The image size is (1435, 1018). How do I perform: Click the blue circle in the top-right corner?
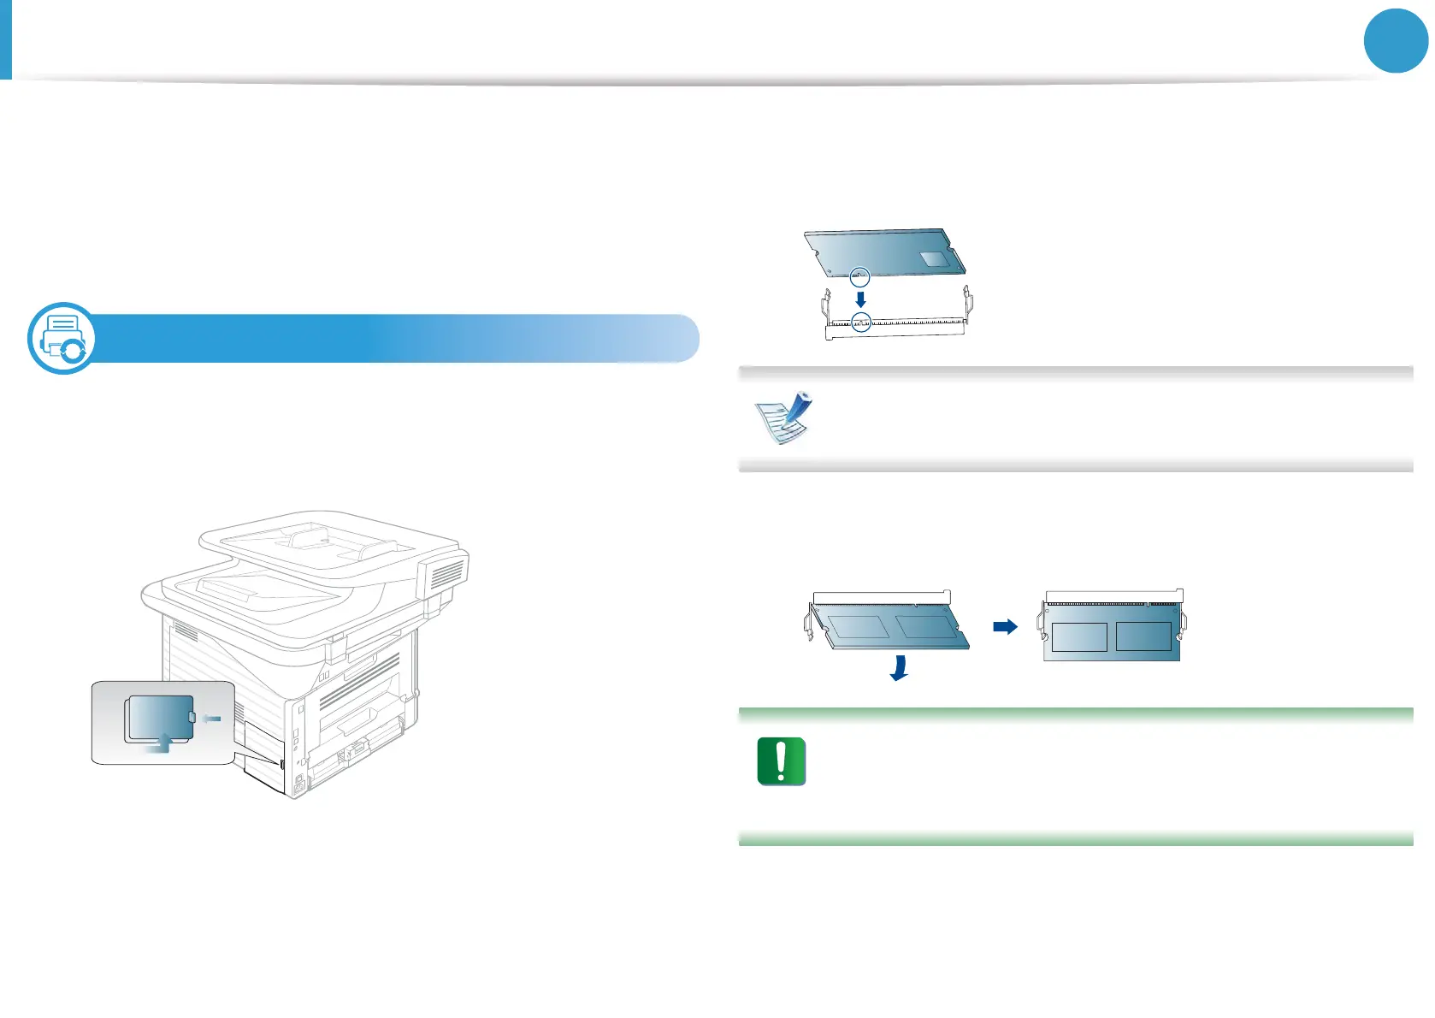click(1396, 41)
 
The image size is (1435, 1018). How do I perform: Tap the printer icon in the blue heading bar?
click(62, 338)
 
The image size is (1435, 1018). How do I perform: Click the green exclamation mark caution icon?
click(781, 761)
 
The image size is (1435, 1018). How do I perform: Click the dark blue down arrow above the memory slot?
click(861, 299)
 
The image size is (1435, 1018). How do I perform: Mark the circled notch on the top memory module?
click(860, 276)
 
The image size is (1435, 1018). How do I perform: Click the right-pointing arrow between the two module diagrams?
click(1005, 627)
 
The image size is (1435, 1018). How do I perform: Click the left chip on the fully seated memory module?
click(1078, 636)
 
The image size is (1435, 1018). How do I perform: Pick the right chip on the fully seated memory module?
click(1143, 636)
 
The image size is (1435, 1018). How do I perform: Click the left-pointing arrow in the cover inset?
click(211, 718)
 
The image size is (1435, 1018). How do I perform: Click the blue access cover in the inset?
click(160, 717)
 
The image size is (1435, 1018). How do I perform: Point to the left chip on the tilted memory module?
click(858, 626)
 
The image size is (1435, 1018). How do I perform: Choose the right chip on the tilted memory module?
click(926, 626)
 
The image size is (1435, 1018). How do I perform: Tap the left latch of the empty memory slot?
click(826, 303)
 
